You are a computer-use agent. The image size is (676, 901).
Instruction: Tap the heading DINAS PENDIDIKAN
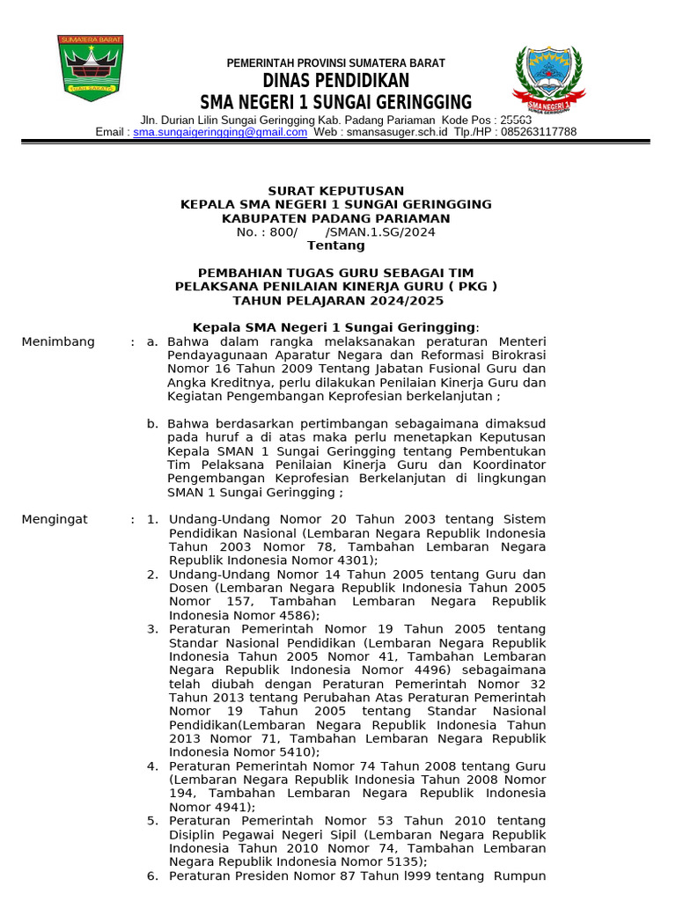[335, 82]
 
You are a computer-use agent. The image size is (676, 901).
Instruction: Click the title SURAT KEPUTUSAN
[335, 191]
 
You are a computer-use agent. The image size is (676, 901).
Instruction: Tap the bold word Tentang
[335, 245]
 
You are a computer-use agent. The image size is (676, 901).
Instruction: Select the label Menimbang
[58, 341]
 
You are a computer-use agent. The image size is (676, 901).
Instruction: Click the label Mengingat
[55, 519]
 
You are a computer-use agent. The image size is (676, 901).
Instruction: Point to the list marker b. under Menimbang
[152, 423]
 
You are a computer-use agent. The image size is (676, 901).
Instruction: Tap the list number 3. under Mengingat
[152, 629]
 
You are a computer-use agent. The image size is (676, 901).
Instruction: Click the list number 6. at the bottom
[152, 875]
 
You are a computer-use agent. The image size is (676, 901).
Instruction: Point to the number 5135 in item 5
[406, 861]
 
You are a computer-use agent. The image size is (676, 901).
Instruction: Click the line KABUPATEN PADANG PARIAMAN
[335, 218]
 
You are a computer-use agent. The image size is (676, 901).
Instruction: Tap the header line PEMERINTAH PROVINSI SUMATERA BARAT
[335, 63]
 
